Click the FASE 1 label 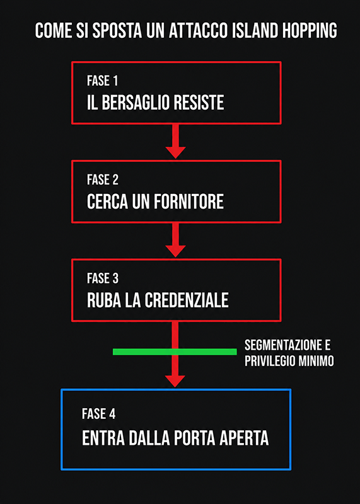(102, 81)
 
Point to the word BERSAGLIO (136, 103)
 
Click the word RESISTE (199, 103)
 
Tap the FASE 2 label (103, 180)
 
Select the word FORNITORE (189, 202)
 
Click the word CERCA (107, 202)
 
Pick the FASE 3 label (103, 278)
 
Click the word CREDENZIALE (187, 301)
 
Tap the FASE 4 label (98, 414)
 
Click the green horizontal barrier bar (175, 352)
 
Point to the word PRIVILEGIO (270, 361)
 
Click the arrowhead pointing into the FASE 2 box (175, 152)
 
